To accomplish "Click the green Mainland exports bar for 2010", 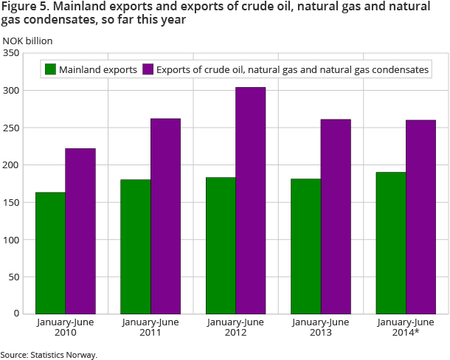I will [50, 253].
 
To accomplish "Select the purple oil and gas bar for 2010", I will [80, 231].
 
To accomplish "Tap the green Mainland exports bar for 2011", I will [136, 246].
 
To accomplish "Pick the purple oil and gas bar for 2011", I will [165, 216].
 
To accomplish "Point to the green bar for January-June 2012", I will [221, 246].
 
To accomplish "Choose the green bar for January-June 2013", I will [305, 246].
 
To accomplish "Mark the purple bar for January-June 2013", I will [336, 216].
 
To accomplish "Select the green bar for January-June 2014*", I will [391, 243].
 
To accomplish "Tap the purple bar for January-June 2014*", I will [421, 217].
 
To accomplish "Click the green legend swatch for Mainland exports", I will [51, 69].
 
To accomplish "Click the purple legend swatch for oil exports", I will [148, 69].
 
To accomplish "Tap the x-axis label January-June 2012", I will [236, 328].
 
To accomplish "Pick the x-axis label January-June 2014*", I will [406, 328].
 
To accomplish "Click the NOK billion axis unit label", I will [27, 40].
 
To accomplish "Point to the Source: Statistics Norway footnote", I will [49, 355].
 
